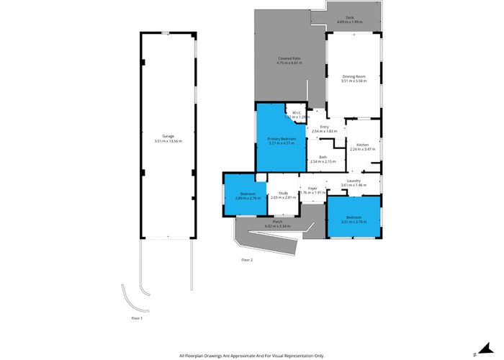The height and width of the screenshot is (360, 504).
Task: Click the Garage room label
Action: (x=168, y=136)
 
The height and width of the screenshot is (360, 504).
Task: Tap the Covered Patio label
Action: (x=289, y=58)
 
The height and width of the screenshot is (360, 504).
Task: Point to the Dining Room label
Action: (x=354, y=76)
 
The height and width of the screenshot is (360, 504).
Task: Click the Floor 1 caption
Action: (x=137, y=318)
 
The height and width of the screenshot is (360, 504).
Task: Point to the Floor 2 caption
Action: (x=247, y=259)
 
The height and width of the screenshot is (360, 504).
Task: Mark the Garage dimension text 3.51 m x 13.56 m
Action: (x=168, y=141)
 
